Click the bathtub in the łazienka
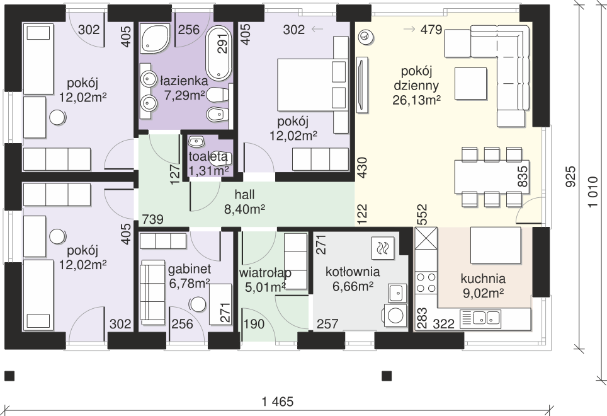tap(218, 54)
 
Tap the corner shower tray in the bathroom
tap(155, 38)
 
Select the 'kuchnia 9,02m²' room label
tap(483, 286)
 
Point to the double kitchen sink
tap(480, 319)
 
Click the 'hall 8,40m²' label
tap(245, 202)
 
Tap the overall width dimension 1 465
tap(278, 402)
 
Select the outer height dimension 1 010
tap(593, 192)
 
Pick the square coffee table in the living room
tap(470, 84)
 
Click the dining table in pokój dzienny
tap(492, 176)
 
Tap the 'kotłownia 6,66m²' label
tap(353, 279)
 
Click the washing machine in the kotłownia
tap(395, 315)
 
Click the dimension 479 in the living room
tap(431, 30)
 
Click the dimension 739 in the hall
tap(152, 219)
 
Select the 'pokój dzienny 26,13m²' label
tap(417, 86)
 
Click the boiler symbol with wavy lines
tap(382, 248)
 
